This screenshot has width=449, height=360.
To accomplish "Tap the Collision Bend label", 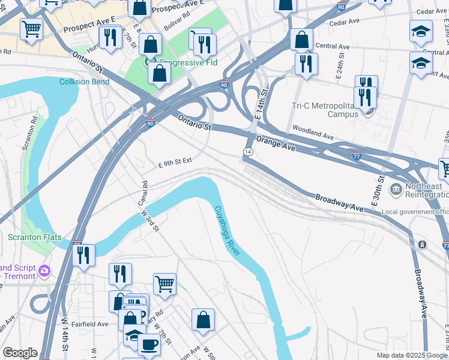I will click(x=83, y=82).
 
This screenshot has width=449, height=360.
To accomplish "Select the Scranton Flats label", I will click(x=34, y=237).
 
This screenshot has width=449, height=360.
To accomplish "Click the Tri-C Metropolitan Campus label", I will click(x=321, y=110).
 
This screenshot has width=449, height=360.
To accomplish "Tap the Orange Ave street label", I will click(x=277, y=143).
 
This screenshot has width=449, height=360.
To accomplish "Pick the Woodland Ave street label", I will click(x=312, y=133).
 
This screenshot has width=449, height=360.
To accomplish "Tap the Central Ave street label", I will click(x=332, y=46).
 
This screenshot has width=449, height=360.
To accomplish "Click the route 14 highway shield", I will click(x=247, y=152).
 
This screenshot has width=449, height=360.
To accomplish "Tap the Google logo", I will click(x=20, y=353).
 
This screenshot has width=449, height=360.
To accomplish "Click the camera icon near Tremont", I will click(x=44, y=272).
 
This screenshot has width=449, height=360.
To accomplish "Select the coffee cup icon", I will click(x=149, y=344).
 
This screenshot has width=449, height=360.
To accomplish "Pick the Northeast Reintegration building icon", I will click(x=396, y=190).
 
